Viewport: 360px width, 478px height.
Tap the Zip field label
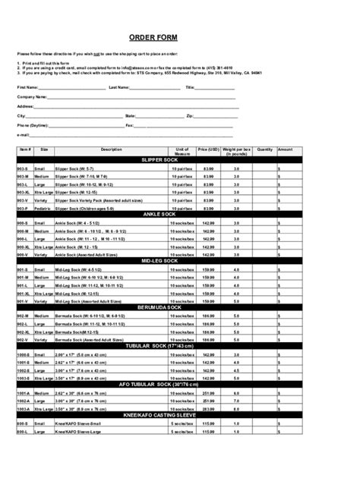click(189, 116)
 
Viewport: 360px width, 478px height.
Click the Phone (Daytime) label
click(34, 125)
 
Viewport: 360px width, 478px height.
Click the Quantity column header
click(264, 149)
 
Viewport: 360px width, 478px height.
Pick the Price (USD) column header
click(208, 149)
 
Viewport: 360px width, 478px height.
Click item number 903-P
click(23, 208)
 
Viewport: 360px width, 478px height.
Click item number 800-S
click(23, 423)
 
